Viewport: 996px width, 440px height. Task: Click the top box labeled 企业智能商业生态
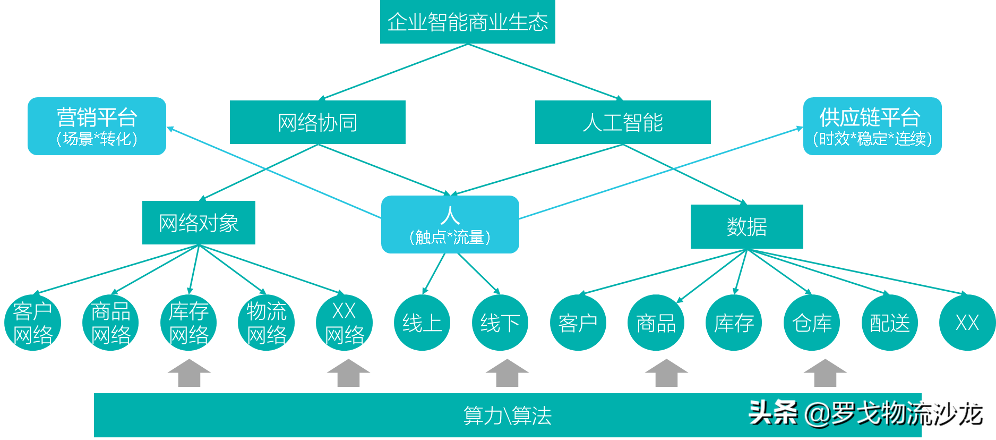pyautogui.click(x=467, y=22)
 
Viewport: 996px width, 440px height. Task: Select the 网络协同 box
pyautogui.click(x=317, y=122)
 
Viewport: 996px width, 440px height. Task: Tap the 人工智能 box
pyautogui.click(x=623, y=122)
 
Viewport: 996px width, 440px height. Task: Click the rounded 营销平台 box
pyautogui.click(x=97, y=126)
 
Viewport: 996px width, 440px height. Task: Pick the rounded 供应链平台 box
pyautogui.click(x=872, y=126)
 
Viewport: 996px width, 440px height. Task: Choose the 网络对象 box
pyautogui.click(x=199, y=223)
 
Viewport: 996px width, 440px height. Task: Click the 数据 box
pyautogui.click(x=746, y=226)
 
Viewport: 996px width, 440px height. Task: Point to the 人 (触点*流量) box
pyautogui.click(x=450, y=224)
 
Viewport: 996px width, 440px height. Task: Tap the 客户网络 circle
pyautogui.click(x=33, y=323)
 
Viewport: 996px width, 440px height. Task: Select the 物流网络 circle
pyautogui.click(x=267, y=323)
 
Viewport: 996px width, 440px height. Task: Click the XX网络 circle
pyautogui.click(x=344, y=323)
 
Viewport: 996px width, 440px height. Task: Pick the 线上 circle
pyautogui.click(x=422, y=323)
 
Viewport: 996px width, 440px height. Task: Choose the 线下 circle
pyautogui.click(x=500, y=323)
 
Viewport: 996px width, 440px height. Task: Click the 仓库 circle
pyautogui.click(x=812, y=323)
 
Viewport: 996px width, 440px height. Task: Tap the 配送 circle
pyautogui.click(x=890, y=323)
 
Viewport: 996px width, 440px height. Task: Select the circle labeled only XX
pyautogui.click(x=967, y=323)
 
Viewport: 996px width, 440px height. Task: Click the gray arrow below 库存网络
pyautogui.click(x=189, y=373)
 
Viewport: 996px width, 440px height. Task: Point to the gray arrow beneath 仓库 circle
pyautogui.click(x=825, y=373)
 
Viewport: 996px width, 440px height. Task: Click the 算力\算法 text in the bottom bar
pyautogui.click(x=507, y=416)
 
